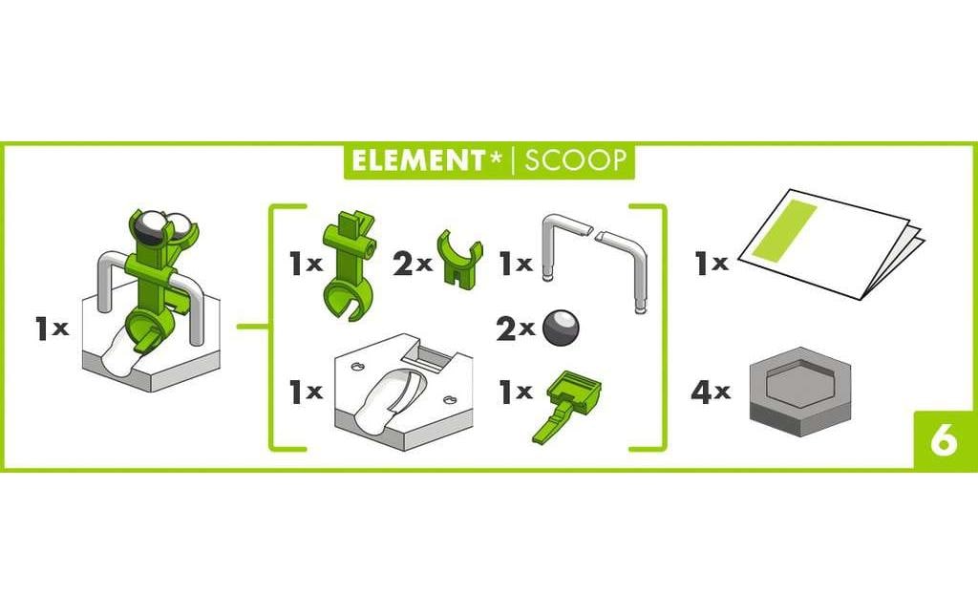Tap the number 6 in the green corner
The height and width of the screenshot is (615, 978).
(943, 442)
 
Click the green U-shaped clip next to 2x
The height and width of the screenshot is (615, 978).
(460, 258)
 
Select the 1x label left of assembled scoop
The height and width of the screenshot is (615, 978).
(52, 329)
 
